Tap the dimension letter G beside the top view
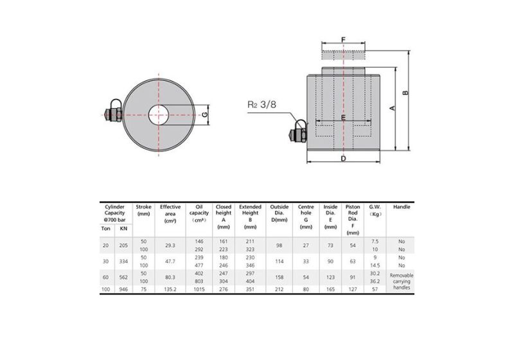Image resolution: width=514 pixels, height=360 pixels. [204, 115]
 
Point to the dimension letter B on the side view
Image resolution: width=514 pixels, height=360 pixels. [405, 93]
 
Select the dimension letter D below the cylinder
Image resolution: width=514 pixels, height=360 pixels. [344, 158]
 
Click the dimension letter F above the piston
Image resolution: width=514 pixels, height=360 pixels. [344, 40]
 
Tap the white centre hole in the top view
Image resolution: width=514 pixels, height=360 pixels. [159, 116]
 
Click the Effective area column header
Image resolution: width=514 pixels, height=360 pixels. [170, 213]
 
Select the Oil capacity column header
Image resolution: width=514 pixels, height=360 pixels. [199, 213]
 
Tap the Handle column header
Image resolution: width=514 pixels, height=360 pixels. [402, 207]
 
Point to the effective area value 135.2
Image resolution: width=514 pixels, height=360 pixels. [170, 289]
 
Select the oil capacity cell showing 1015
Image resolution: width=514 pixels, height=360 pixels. [199, 289]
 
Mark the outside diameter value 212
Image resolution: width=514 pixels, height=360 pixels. [279, 289]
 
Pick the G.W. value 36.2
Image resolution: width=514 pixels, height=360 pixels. [375, 280]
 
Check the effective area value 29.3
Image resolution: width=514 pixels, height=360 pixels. [170, 245]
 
